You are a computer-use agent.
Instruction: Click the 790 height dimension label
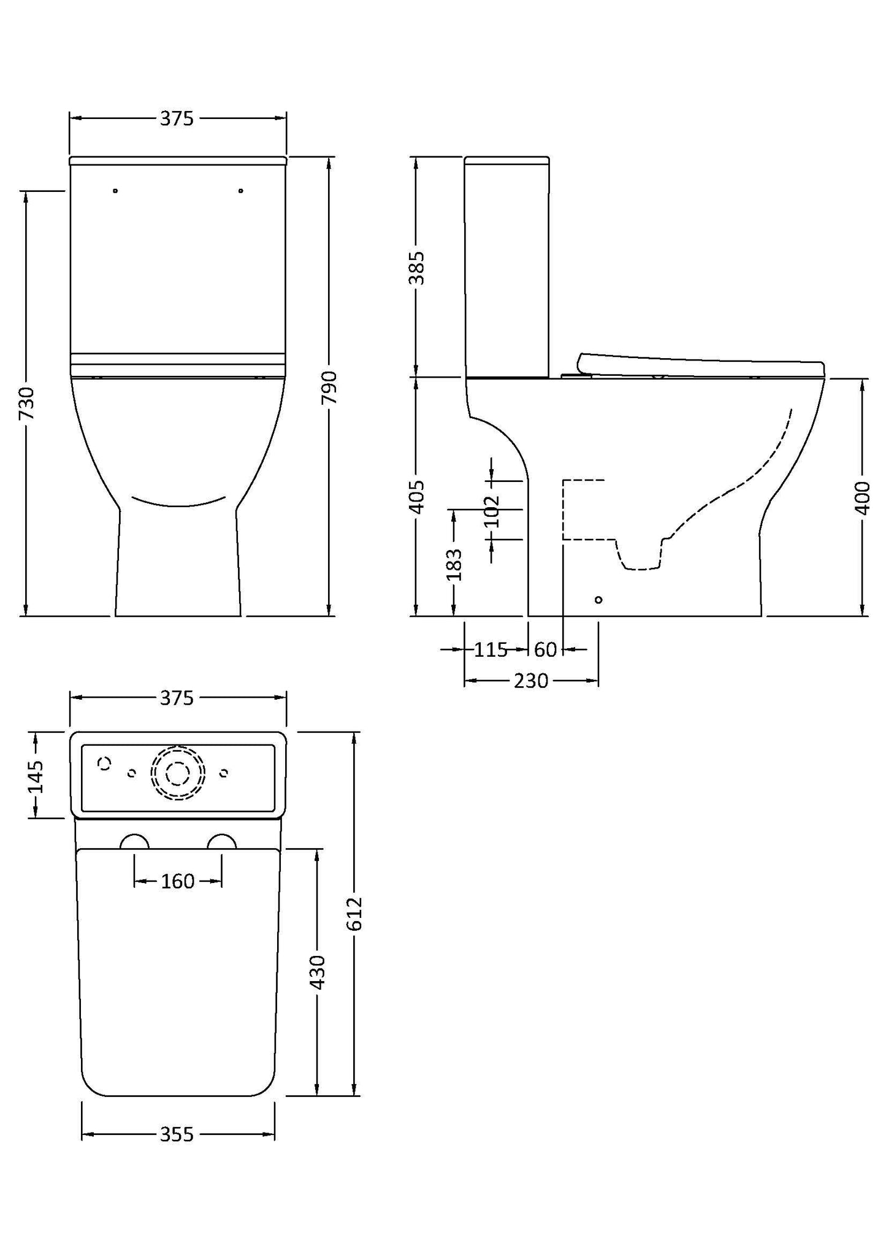[330, 387]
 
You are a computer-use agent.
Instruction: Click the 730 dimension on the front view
[26, 403]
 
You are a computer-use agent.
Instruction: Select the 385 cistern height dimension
[416, 268]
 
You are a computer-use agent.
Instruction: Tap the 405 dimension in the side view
[416, 497]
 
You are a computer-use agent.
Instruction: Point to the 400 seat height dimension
[862, 498]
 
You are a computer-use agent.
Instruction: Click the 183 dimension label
[454, 565]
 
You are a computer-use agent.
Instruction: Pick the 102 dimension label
[492, 511]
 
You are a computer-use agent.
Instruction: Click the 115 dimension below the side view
[491, 649]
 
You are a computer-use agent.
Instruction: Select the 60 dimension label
[545, 649]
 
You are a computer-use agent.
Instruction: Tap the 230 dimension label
[531, 681]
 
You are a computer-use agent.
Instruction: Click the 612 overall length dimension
[354, 914]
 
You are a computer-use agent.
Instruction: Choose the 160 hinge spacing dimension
[178, 882]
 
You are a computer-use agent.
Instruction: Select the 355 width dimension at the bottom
[177, 1135]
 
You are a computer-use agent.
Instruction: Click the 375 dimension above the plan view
[177, 698]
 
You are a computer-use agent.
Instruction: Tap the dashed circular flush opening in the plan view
[178, 773]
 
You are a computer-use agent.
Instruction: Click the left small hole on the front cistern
[115, 191]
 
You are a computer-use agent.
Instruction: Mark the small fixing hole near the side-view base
[598, 600]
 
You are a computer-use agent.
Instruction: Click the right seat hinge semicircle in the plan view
[222, 842]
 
